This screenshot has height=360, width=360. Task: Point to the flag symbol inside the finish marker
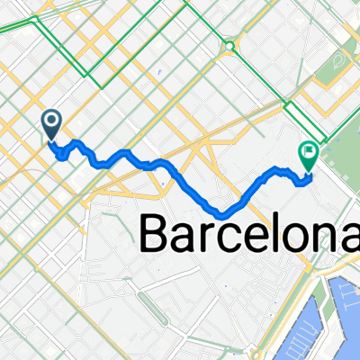click(309, 154)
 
